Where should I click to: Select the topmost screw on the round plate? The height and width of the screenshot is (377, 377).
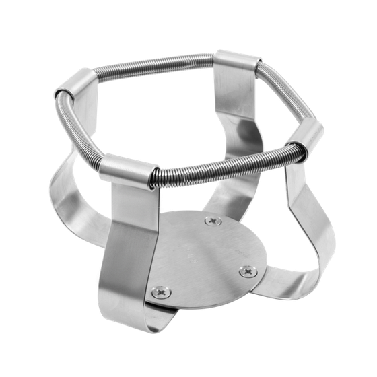[214, 221]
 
